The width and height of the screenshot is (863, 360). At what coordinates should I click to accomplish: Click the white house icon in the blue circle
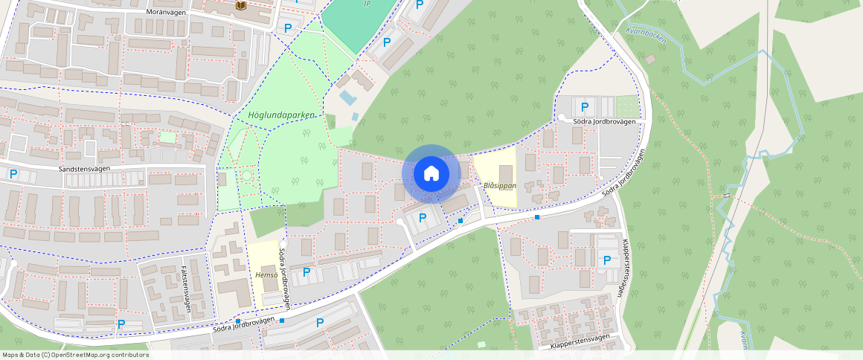(x=431, y=174)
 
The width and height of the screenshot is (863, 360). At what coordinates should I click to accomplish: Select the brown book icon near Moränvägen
(x=240, y=6)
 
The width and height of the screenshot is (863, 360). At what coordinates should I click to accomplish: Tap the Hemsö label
(x=266, y=275)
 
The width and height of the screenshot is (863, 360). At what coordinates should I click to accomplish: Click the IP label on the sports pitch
(x=367, y=4)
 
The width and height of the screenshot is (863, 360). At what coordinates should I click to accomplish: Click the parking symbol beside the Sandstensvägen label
(x=13, y=174)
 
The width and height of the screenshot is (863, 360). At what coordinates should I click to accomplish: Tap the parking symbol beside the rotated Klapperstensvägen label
(x=607, y=260)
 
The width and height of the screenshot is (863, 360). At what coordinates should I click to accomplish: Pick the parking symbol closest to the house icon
(x=423, y=218)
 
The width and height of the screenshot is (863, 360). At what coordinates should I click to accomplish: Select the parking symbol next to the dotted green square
(x=585, y=107)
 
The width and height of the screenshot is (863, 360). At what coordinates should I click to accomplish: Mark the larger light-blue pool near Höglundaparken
(x=347, y=97)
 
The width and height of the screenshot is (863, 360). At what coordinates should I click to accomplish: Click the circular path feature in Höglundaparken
(x=246, y=176)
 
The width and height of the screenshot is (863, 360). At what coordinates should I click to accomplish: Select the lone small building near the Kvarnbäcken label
(x=650, y=59)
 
